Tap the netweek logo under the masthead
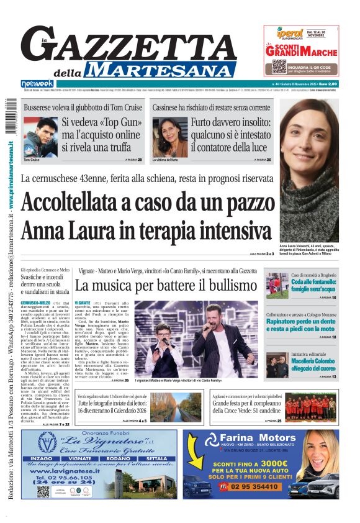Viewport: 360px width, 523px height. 38,83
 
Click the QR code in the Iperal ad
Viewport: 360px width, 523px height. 279,66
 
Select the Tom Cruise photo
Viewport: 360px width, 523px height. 40,137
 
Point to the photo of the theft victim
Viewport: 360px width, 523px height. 170,136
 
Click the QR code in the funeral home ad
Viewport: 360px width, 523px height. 43,491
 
